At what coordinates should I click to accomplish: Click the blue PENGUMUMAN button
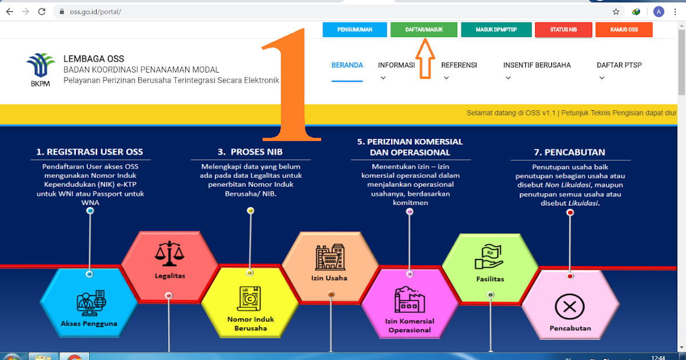354,30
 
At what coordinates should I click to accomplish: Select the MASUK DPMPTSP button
496,30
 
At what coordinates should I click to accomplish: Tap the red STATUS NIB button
563,30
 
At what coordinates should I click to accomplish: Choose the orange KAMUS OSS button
624,30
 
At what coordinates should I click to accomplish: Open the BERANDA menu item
347,65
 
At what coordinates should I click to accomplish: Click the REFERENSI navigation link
458,65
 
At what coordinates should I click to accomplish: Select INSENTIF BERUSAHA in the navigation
537,65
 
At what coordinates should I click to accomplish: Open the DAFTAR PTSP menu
619,65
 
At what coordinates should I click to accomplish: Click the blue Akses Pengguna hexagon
89,303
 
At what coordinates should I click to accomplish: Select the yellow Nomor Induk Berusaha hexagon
250,309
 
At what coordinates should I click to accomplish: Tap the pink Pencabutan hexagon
570,311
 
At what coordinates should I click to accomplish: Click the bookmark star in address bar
616,11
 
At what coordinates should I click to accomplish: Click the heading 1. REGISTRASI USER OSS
90,152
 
